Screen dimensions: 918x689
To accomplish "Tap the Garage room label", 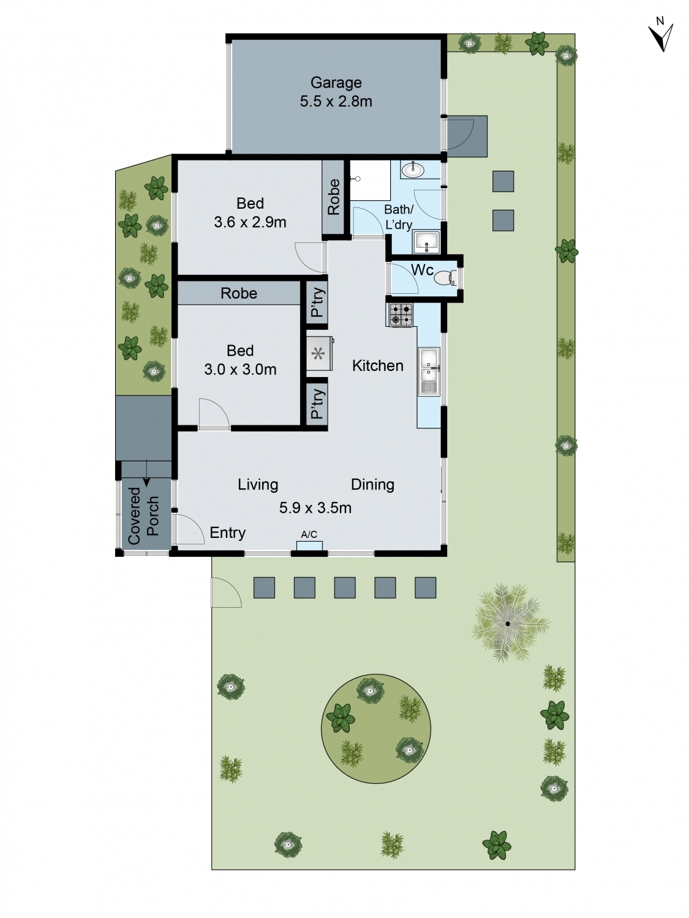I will (336, 83).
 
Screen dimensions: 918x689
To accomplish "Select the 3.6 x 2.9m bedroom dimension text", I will (250, 222).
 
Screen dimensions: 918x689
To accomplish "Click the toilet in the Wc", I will (442, 278).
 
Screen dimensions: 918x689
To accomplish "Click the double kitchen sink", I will (429, 371).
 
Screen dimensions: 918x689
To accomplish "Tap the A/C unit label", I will (309, 535).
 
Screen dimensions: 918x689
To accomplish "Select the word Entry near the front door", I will (227, 533).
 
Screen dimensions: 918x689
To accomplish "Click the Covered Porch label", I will (143, 515).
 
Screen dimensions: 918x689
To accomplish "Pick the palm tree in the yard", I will (508, 624).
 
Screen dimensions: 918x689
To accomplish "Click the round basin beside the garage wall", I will (412, 170).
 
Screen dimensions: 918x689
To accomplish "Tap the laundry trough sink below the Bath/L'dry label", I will (426, 242).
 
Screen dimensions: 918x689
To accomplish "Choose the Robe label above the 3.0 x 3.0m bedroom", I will (239, 294).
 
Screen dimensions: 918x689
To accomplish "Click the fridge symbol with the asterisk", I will (318, 353).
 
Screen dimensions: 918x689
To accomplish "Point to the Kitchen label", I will (377, 366).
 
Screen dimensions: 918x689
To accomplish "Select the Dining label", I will (372, 485).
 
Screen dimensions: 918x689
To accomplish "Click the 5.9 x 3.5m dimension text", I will (315, 508).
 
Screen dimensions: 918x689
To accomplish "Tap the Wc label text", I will (422, 270).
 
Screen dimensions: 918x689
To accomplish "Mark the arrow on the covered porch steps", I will (146, 481).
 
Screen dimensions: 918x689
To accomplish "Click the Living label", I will (258, 485).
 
